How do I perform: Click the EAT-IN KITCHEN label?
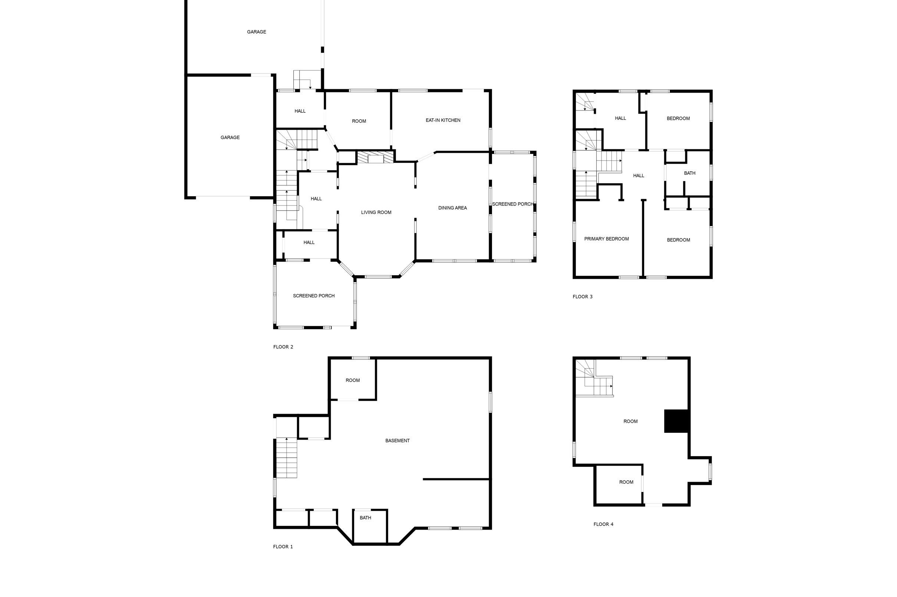[443, 120]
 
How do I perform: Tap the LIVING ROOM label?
[376, 212]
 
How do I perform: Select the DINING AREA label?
[452, 208]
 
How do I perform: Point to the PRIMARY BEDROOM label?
[607, 239]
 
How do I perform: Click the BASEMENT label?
[398, 441]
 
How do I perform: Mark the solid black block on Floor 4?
[676, 421]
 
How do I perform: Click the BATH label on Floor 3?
[689, 173]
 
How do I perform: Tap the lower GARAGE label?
[230, 138]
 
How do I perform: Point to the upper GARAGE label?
[257, 32]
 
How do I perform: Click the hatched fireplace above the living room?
[375, 157]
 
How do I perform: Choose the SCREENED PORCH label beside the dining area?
[512, 204]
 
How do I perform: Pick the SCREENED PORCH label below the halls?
[314, 296]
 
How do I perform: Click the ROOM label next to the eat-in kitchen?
[359, 121]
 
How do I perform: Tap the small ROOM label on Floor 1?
[353, 380]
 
